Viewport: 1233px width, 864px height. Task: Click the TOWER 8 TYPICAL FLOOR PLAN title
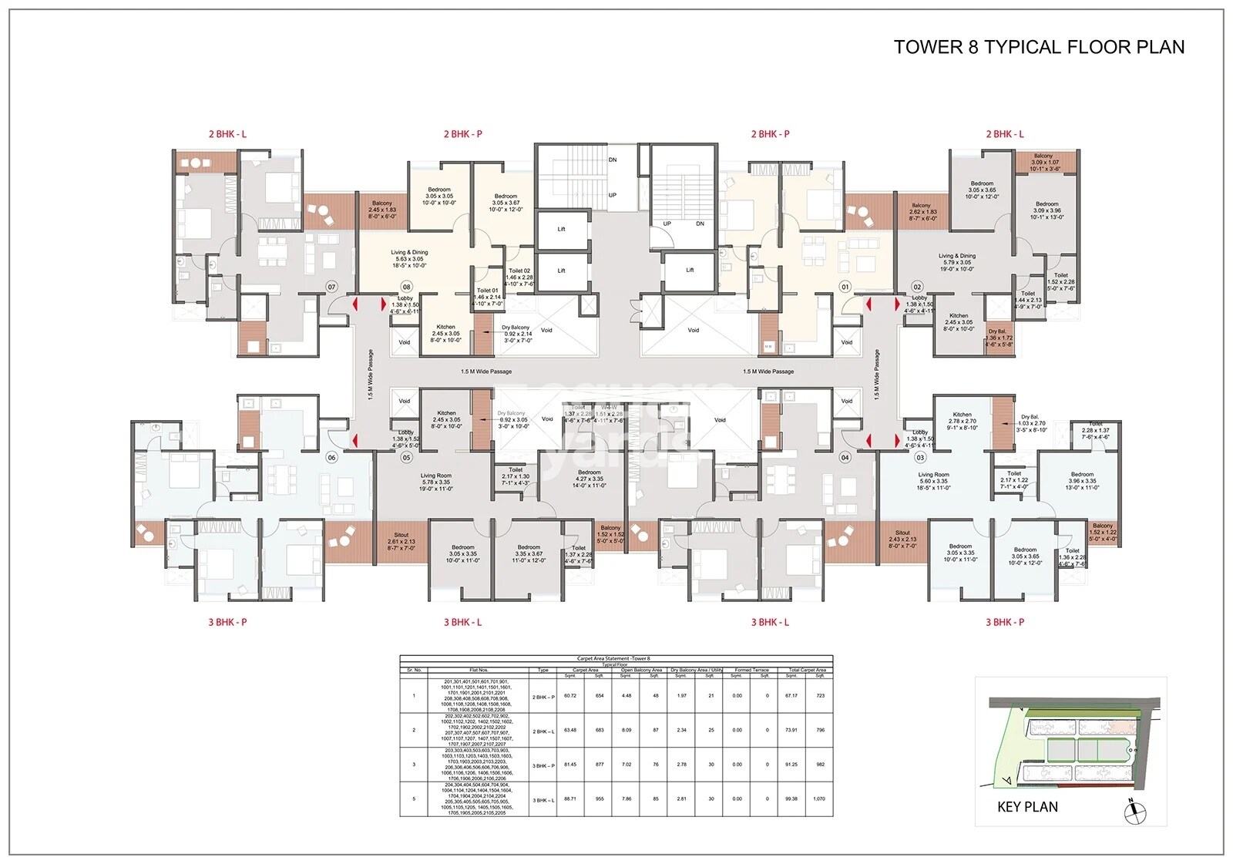tap(1038, 47)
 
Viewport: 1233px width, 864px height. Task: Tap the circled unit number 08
tap(405, 287)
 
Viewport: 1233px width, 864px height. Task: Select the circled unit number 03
tap(920, 458)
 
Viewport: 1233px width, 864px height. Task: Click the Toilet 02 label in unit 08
tap(519, 271)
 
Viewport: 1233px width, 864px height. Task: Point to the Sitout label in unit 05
tap(401, 535)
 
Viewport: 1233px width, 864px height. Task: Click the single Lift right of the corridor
tap(690, 270)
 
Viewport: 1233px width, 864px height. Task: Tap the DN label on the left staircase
tap(613, 160)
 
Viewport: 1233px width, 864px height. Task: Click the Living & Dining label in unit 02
tap(956, 256)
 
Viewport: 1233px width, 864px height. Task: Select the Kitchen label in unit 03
tap(962, 415)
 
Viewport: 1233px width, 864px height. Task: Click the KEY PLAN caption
tap(1027, 807)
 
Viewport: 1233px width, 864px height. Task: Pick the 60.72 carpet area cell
tap(569, 696)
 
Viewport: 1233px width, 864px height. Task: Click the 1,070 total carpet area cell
tap(819, 798)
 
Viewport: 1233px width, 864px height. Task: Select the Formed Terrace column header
tap(751, 671)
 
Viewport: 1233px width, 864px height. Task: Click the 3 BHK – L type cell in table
tap(543, 801)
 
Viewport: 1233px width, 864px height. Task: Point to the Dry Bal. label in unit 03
tap(1030, 417)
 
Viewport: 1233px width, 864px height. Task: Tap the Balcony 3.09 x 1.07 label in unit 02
tap(1043, 156)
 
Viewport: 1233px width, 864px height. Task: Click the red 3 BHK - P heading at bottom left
tap(227, 622)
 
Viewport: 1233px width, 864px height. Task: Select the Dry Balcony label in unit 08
tap(516, 328)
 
